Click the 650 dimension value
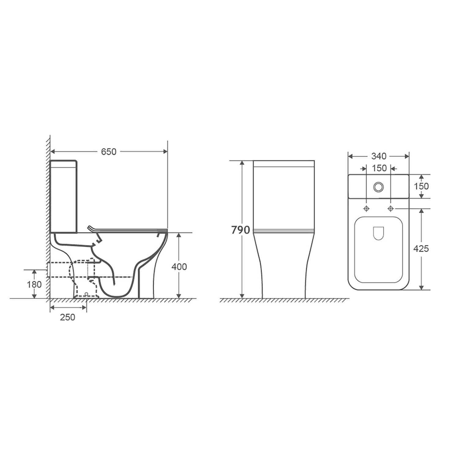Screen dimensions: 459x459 pos(109,151)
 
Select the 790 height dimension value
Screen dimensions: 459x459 pos(241,230)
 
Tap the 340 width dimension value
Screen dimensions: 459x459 pos(379,156)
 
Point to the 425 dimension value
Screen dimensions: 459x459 pos(421,249)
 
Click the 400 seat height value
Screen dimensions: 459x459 pos(179,267)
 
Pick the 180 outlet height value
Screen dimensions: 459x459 pos(34,284)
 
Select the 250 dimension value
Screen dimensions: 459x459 pos(67,317)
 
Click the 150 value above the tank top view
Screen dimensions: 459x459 pos(379,168)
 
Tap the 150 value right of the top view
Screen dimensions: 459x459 pos(421,186)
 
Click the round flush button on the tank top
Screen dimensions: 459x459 pos(379,186)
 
